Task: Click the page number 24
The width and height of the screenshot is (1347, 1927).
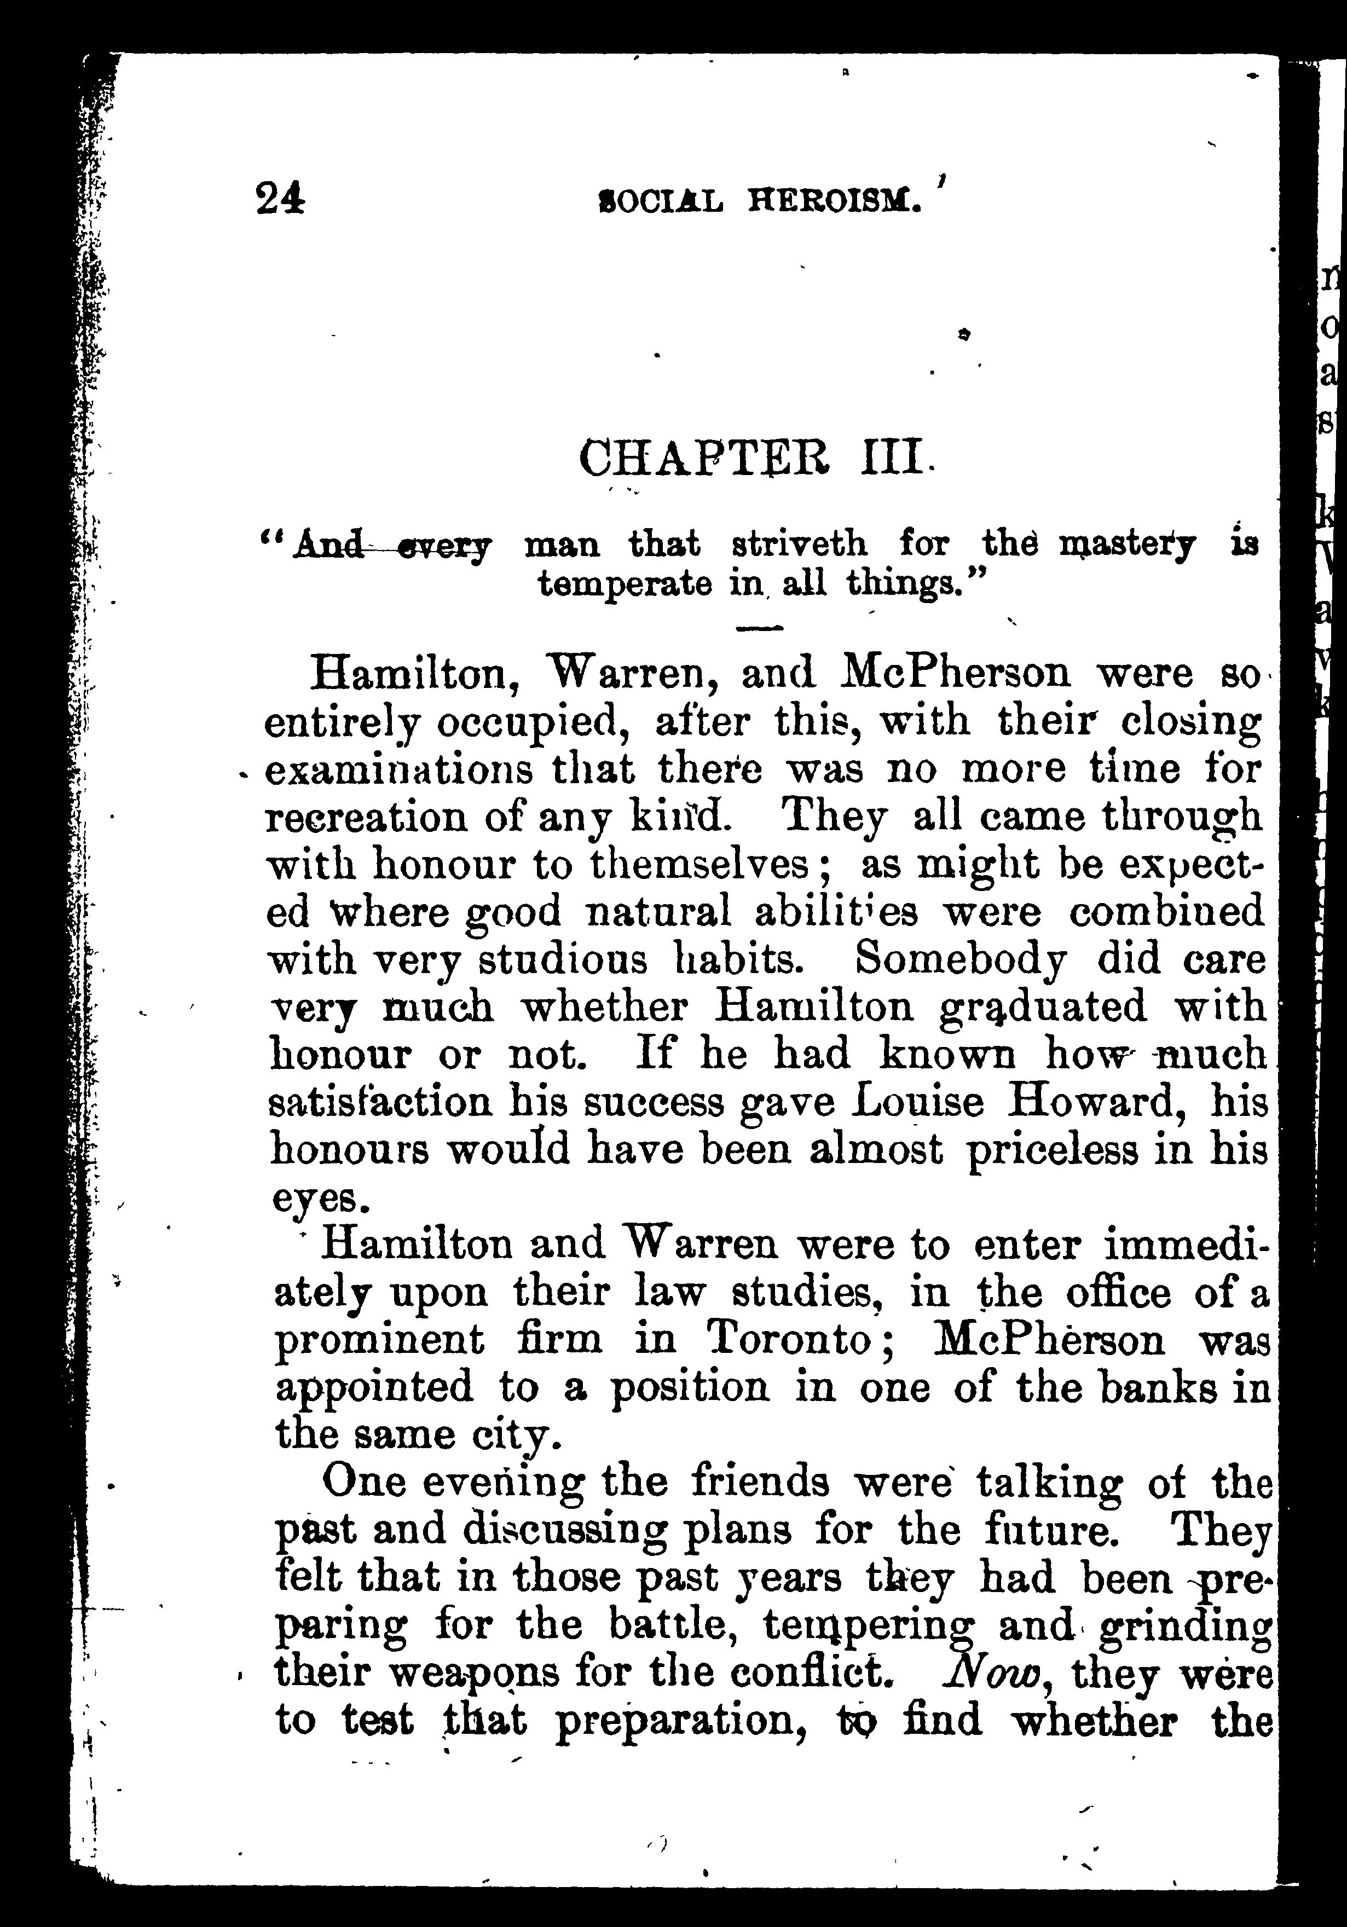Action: coord(280,201)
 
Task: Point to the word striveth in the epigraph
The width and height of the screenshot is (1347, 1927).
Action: coord(799,546)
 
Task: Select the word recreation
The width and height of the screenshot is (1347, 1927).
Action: coord(366,818)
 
